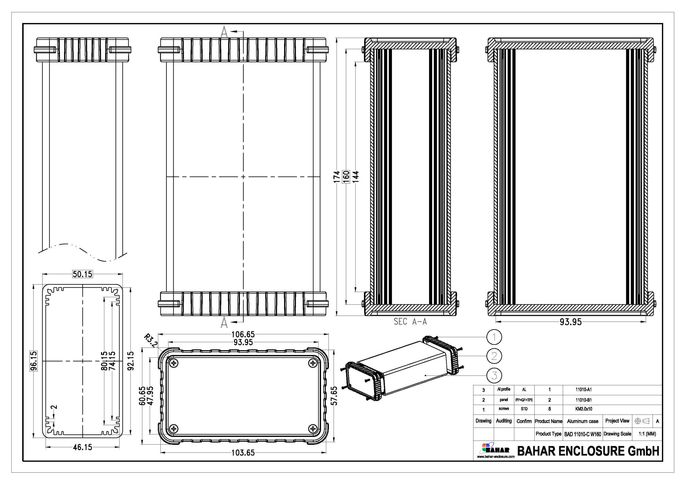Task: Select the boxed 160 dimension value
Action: point(346,177)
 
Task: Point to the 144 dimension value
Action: point(356,177)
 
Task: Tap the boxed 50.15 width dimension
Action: point(83,274)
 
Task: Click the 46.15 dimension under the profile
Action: point(83,447)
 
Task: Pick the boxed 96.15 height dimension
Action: point(34,361)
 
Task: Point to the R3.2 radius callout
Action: point(151,341)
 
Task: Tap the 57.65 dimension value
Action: point(334,396)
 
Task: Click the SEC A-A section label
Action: point(410,322)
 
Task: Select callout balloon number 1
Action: point(494,337)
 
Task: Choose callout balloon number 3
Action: point(494,375)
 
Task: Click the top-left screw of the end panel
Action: point(174,363)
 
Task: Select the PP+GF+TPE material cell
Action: point(524,400)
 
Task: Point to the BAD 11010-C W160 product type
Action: point(583,434)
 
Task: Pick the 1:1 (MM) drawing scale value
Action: point(647,434)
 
